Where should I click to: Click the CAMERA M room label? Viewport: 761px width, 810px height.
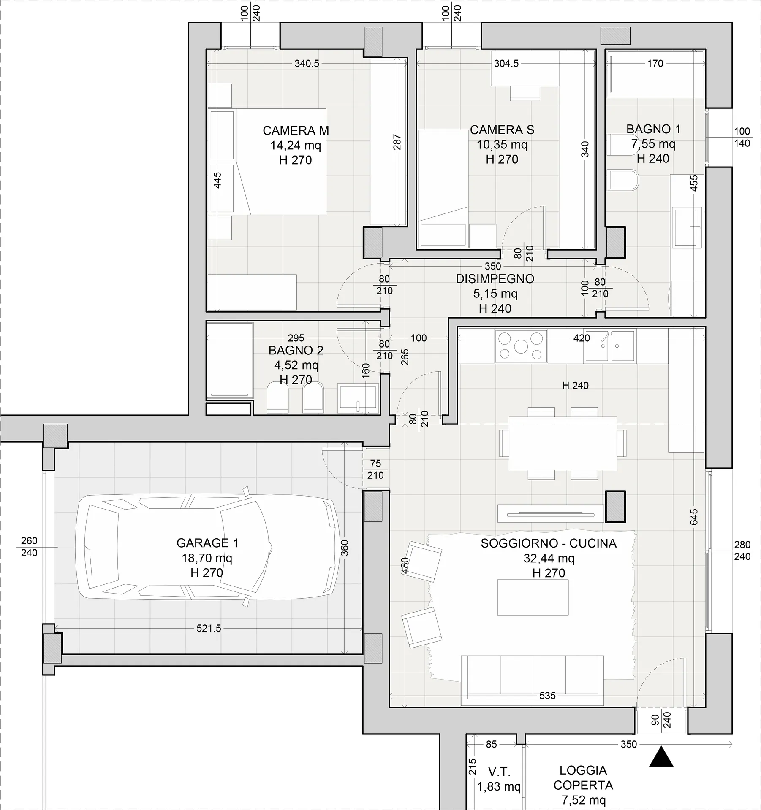click(x=296, y=130)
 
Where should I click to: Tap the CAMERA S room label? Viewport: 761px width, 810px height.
click(x=502, y=130)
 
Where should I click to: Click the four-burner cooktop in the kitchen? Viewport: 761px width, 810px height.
click(x=521, y=346)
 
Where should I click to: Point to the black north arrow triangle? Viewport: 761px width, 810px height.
click(x=661, y=756)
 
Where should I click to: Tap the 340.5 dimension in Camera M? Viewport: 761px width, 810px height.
click(x=307, y=64)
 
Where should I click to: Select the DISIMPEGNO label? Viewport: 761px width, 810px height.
click(x=495, y=279)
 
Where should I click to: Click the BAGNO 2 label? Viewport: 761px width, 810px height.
click(x=296, y=350)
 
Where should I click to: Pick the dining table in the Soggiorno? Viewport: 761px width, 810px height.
click(x=563, y=443)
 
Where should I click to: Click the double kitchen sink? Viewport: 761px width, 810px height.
click(x=609, y=347)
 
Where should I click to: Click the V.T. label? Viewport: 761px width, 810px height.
click(x=499, y=772)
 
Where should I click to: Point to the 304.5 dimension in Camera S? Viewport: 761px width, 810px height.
click(x=506, y=64)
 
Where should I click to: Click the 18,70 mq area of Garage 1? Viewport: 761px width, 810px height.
click(x=207, y=558)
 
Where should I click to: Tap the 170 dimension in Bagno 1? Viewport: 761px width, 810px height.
click(x=655, y=64)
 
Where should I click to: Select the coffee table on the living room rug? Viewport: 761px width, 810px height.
click(x=533, y=597)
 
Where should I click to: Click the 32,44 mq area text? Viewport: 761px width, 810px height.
click(x=549, y=558)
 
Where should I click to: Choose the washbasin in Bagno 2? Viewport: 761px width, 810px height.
click(x=358, y=398)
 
